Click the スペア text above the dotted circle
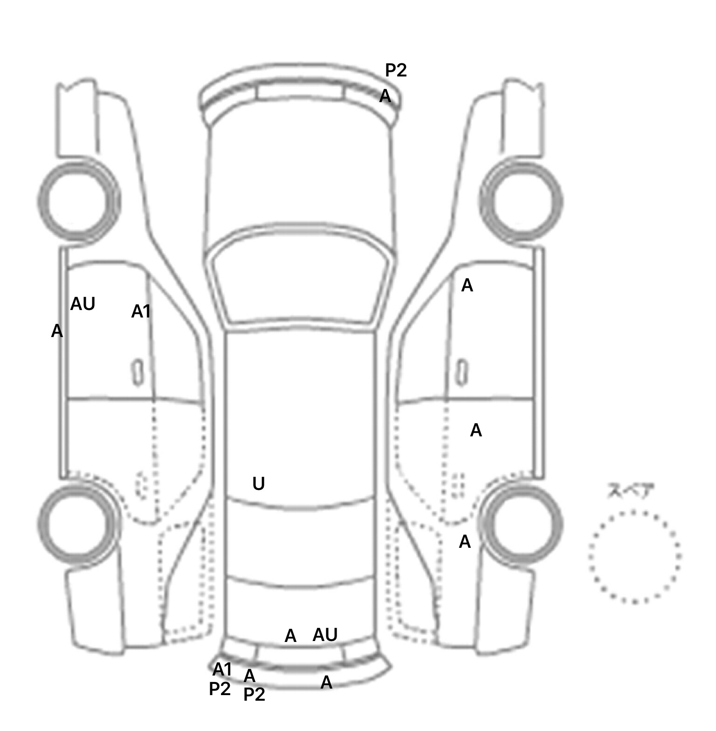click(631, 491)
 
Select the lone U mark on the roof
click(258, 484)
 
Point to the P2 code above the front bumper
click(396, 70)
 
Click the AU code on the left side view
click(83, 304)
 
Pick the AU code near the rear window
click(325, 634)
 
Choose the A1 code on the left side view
click(141, 311)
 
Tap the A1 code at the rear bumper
click(222, 669)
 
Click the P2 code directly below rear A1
click(220, 689)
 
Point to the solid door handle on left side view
click(137, 372)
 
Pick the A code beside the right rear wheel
click(465, 542)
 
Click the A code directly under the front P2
click(385, 96)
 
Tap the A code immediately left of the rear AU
click(290, 635)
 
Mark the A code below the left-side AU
click(57, 331)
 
